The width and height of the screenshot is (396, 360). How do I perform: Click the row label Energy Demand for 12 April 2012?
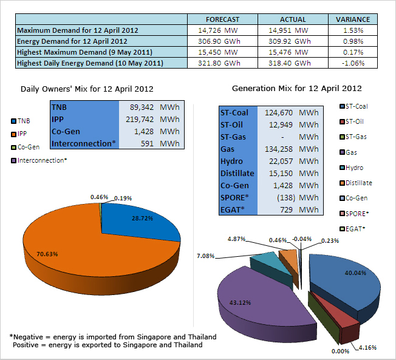point(72,41)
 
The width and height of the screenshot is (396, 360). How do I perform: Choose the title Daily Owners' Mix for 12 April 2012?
point(83,89)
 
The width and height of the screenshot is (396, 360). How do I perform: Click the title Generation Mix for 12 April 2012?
point(296,89)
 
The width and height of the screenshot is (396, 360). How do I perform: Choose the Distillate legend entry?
point(358,183)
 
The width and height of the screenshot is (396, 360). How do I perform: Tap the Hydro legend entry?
point(353,168)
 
